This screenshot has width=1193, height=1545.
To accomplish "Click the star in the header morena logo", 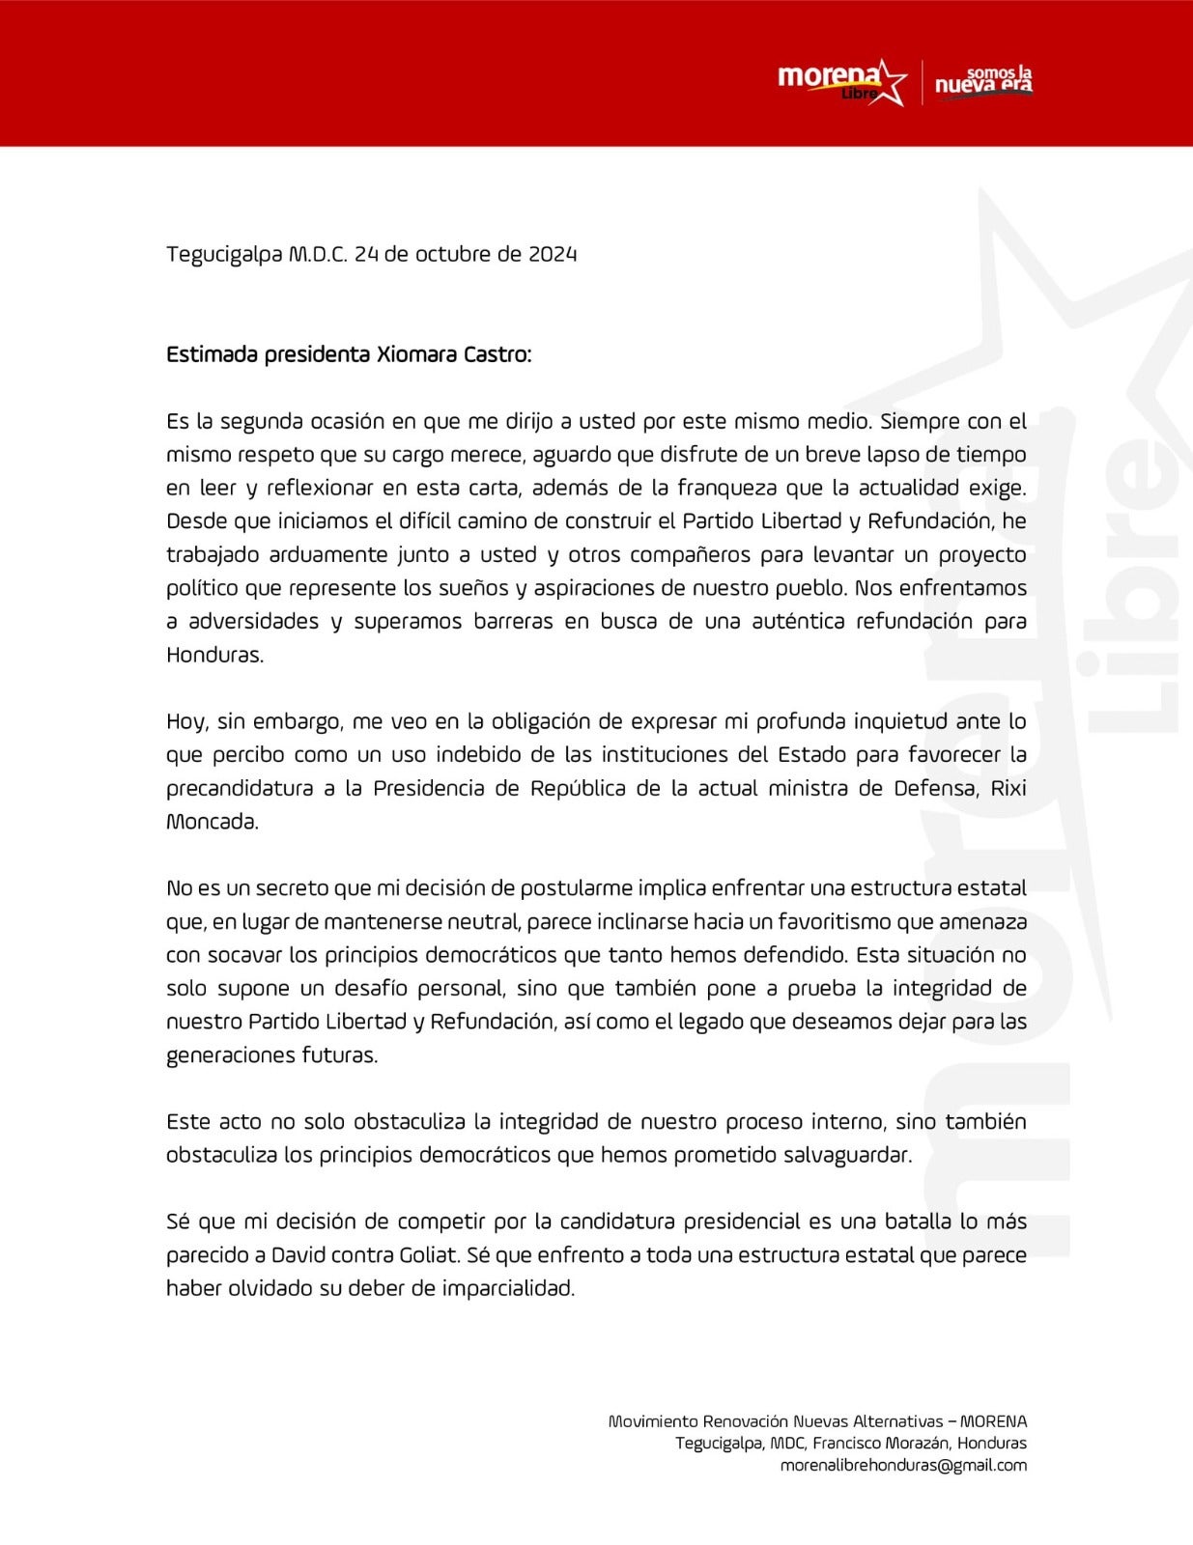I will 891,82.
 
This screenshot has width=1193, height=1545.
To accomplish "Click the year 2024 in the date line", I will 553,254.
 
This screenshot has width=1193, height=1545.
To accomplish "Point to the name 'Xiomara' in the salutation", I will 418,354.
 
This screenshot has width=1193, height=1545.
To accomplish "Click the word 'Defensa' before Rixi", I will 931,788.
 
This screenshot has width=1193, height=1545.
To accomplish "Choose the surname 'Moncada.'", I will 213,822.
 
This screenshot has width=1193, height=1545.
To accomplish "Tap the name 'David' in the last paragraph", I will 298,1255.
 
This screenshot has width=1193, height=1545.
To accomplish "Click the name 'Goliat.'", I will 429,1255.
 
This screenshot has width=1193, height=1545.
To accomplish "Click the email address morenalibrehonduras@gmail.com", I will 903,1465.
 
